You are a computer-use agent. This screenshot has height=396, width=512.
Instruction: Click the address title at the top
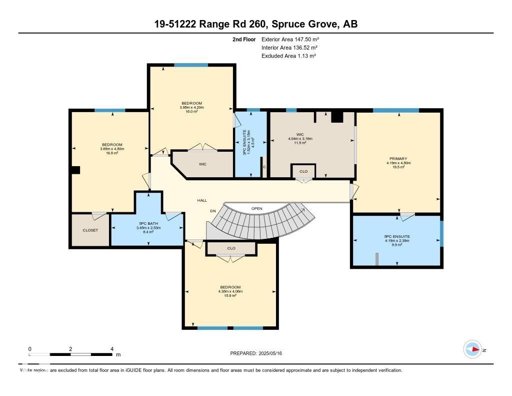tap(256, 24)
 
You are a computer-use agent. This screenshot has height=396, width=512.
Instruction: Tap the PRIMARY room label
tap(397, 159)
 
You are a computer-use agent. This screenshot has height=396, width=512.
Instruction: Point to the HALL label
tap(202, 200)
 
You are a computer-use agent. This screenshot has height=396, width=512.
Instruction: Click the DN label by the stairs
tap(212, 211)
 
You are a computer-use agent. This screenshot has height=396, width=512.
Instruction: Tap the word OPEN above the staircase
tap(257, 208)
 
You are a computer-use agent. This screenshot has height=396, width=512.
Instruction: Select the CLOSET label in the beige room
tap(90, 230)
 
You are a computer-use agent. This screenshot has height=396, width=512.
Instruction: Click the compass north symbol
tap(472, 349)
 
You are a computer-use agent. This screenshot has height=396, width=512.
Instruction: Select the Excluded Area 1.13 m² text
tap(288, 56)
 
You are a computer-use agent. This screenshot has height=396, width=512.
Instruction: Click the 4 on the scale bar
tap(112, 349)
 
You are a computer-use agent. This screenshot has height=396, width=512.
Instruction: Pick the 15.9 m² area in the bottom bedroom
tap(230, 295)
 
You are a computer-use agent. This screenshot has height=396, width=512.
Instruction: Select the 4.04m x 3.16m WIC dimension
tap(300, 139)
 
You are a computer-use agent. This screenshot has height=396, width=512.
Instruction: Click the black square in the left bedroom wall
tap(75, 170)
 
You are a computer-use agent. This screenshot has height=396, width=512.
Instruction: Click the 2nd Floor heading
tap(244, 39)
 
